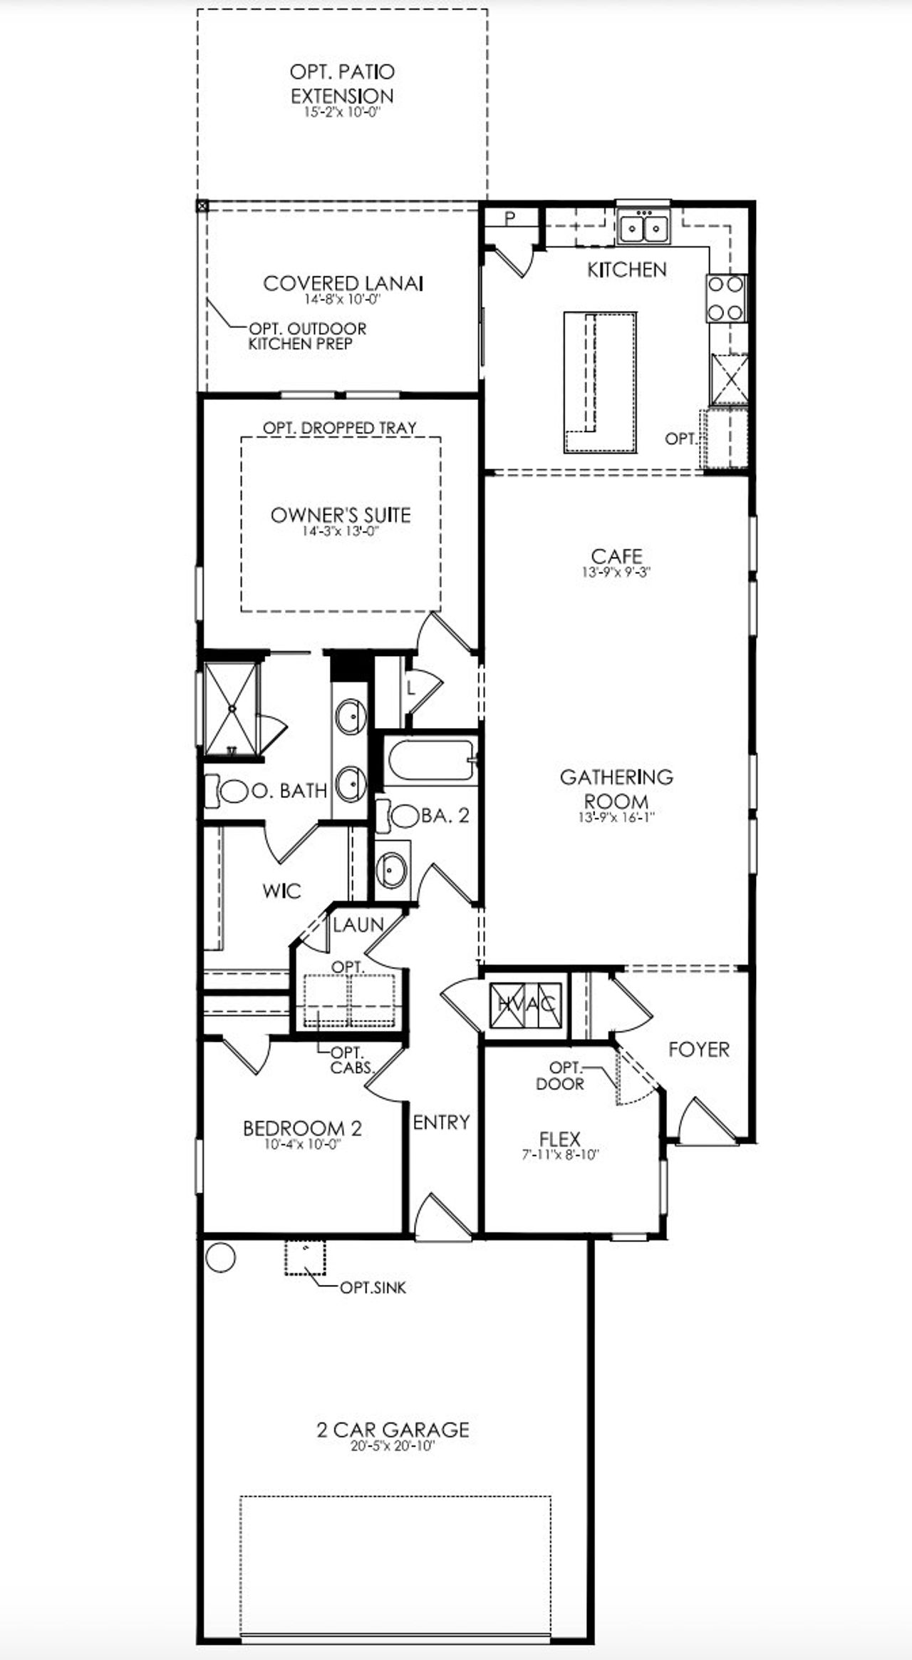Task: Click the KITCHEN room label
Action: coord(626,270)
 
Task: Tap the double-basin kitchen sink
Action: coord(644,227)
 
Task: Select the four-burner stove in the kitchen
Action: coord(726,298)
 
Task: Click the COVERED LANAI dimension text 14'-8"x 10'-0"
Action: coord(343,299)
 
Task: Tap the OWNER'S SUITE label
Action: coord(341,514)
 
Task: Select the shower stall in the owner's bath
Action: coord(230,708)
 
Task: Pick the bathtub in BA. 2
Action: coord(429,761)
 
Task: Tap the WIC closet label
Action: coord(281,891)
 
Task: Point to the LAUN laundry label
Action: coord(358,925)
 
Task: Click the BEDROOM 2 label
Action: coord(302,1128)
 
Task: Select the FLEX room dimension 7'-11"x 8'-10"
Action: coord(559,1154)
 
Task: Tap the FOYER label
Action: coord(698,1049)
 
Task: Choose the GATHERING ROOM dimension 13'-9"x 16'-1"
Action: coord(616,819)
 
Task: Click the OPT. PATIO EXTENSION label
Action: coord(342,83)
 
